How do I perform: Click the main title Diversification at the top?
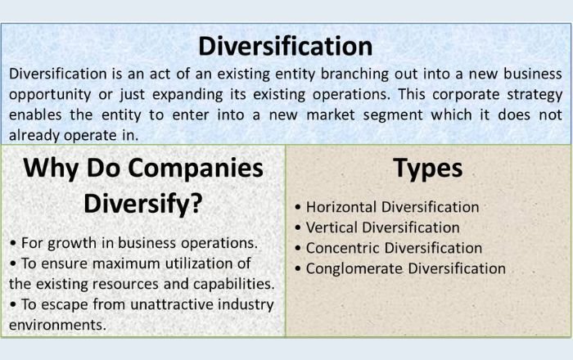[286, 45]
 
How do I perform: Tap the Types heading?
[427, 169]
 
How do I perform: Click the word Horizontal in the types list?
[339, 208]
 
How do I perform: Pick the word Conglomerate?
[350, 268]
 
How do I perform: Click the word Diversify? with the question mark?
[143, 204]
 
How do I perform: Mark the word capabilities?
[229, 284]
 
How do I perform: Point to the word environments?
[57, 324]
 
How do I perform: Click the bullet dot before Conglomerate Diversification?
[299, 269]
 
